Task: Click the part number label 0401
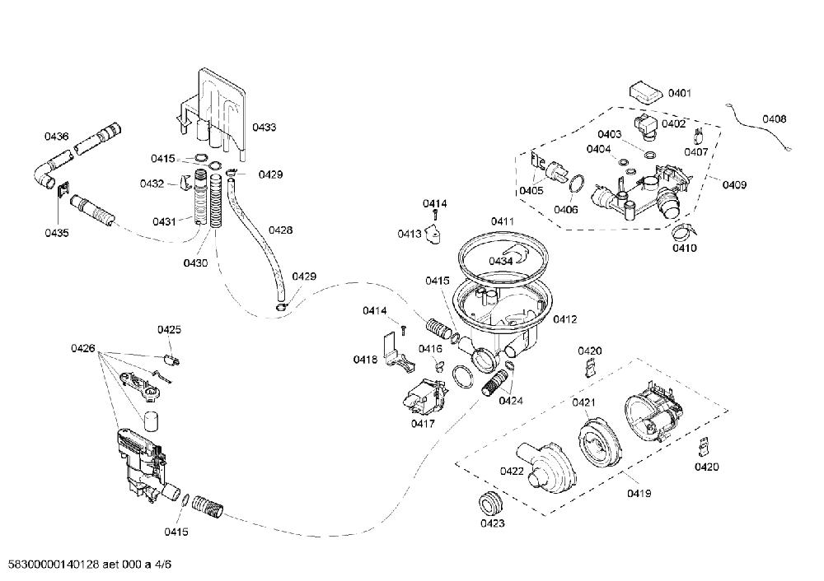pyautogui.click(x=680, y=94)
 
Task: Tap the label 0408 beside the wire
pyautogui.click(x=774, y=119)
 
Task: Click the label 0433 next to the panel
pyautogui.click(x=264, y=127)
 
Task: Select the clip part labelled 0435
pyautogui.click(x=63, y=189)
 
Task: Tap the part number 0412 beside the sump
pyautogui.click(x=565, y=319)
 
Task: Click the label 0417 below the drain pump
pyautogui.click(x=423, y=423)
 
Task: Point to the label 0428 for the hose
pyautogui.click(x=280, y=230)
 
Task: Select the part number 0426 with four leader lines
pyautogui.click(x=83, y=348)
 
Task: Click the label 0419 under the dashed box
pyautogui.click(x=639, y=493)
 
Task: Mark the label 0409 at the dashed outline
pyautogui.click(x=734, y=184)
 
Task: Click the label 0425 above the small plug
pyautogui.click(x=169, y=330)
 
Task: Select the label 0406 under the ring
pyautogui.click(x=565, y=209)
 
